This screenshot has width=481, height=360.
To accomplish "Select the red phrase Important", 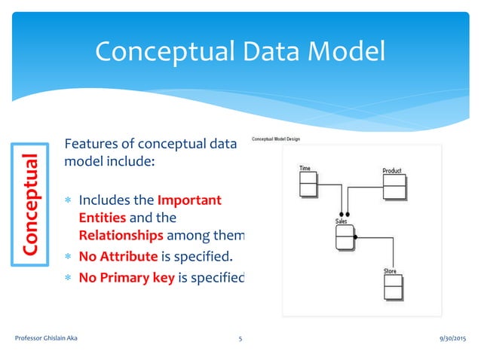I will (x=189, y=200).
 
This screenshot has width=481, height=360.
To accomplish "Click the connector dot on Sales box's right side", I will (x=356, y=237).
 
